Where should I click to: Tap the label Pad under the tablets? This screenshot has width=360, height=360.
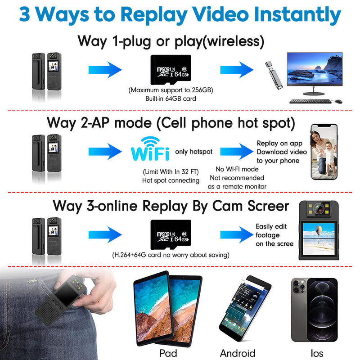coord(168,352)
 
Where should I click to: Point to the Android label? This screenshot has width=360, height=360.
coord(238,353)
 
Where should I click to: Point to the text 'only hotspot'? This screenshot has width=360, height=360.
coord(193,152)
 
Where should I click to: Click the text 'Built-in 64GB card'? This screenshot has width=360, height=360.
coord(171,98)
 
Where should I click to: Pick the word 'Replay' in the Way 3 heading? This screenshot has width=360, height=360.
coord(166,206)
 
